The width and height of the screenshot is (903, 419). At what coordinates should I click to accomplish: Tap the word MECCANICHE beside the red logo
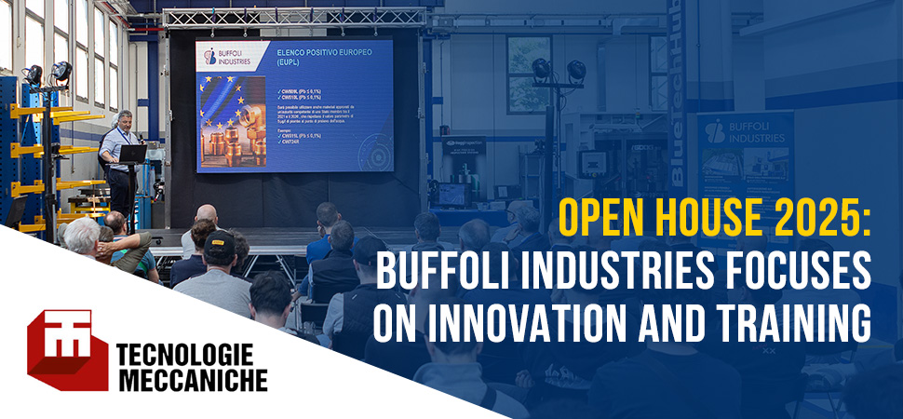pos(192,380)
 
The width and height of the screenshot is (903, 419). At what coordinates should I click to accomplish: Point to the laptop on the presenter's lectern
pos(133,153)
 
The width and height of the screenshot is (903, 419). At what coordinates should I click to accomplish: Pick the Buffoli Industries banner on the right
pos(745,158)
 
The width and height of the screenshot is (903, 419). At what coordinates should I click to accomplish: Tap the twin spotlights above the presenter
pos(49,74)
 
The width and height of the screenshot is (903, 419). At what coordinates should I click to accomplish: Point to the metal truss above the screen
pos(295,17)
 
